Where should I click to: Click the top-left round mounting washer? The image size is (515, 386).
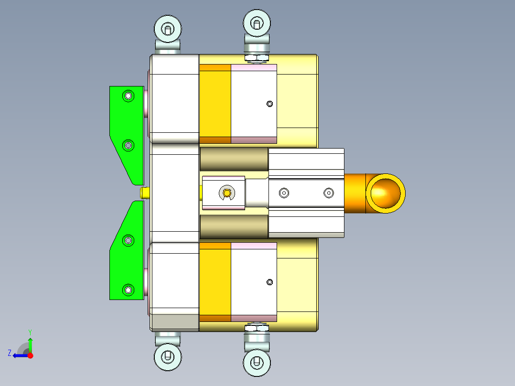pos(168,29)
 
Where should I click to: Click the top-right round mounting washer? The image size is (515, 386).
pos(257,23)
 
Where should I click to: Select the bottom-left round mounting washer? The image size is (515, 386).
pos(168,356)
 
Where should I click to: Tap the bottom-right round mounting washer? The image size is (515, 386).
pos(257,363)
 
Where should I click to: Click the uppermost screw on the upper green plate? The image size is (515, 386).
pos(128,96)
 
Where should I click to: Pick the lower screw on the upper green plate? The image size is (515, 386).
pos(128,145)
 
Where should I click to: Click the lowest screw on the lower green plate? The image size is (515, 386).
pos(128,289)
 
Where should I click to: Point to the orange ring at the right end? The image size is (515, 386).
pos(386,193)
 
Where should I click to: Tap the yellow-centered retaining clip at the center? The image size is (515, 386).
pos(227,193)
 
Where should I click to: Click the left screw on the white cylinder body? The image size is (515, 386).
pos(284,193)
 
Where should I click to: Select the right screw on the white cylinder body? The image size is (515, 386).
pos(328,193)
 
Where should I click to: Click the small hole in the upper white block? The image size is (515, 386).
pos(270,104)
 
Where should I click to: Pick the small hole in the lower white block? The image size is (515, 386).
pos(270,282)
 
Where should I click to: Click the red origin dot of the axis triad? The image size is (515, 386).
pos(30,355)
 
